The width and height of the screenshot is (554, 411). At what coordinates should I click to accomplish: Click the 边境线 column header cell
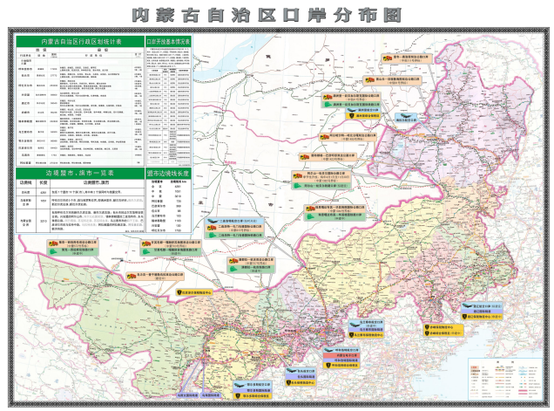click(x=27, y=183)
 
